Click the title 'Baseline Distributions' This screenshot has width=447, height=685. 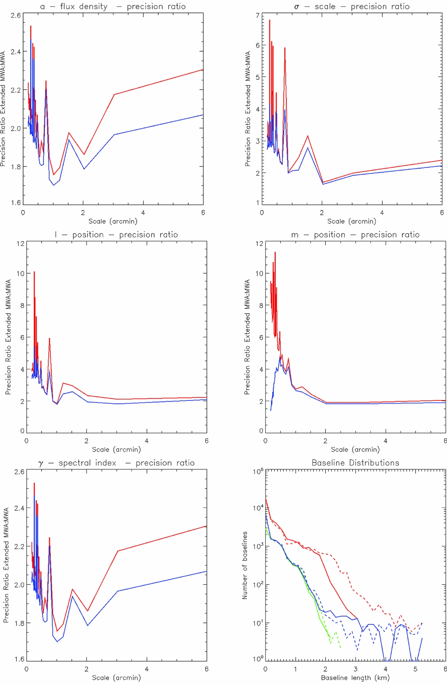click(355, 463)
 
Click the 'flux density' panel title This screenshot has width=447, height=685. click(84, 6)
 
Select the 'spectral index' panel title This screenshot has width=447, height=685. click(87, 463)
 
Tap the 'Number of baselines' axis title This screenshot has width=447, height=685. click(245, 565)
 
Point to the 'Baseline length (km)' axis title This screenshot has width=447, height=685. click(355, 678)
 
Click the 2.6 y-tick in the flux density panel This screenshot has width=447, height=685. click(16, 15)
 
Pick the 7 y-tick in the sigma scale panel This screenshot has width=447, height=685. click(258, 15)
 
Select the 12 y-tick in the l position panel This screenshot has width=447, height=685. click(20, 243)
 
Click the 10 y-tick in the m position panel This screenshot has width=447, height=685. click(259, 273)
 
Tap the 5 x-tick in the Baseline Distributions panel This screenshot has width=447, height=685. click(416, 669)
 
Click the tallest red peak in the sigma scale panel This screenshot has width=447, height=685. click(269, 20)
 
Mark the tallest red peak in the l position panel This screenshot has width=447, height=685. click(34, 272)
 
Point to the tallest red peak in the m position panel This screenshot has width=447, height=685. click(275, 252)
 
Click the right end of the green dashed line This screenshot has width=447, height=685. click(341, 648)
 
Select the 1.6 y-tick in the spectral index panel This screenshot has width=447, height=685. click(19, 659)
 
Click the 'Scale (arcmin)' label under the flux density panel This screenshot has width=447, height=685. click(113, 221)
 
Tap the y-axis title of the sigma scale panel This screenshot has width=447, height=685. click(248, 109)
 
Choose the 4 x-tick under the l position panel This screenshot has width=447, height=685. click(146, 441)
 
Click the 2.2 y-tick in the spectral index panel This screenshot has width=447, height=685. click(19, 546)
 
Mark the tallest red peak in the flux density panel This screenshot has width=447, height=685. click(31, 26)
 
